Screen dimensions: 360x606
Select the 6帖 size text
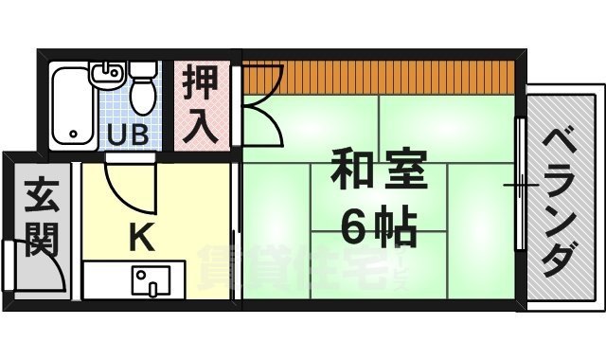pos(378,225)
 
